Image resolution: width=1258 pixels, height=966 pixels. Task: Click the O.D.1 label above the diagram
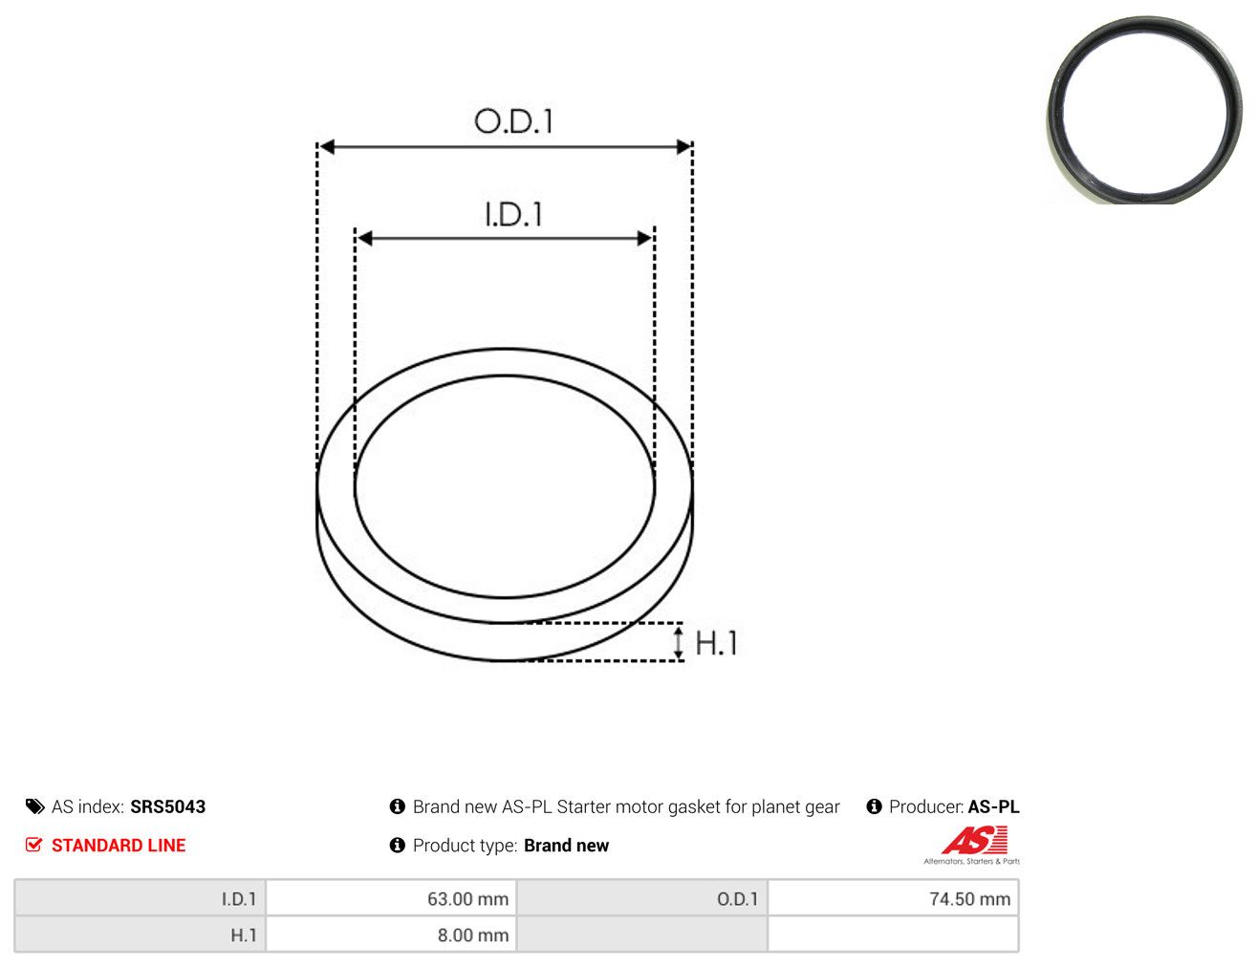[x=513, y=121]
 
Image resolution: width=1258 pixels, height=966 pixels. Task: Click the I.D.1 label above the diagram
[x=513, y=214]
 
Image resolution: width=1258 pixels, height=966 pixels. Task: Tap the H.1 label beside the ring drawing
[x=716, y=643]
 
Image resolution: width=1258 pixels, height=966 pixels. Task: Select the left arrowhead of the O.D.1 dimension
[x=327, y=147]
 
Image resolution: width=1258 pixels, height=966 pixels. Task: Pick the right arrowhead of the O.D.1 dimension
[x=683, y=147]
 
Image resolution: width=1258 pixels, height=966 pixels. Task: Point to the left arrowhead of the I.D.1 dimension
[x=365, y=238]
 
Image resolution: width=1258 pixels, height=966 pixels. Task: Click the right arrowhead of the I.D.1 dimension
[x=644, y=238]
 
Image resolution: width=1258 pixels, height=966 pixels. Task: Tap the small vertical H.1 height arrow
[x=679, y=642]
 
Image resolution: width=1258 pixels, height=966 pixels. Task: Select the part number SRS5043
[x=168, y=807]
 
